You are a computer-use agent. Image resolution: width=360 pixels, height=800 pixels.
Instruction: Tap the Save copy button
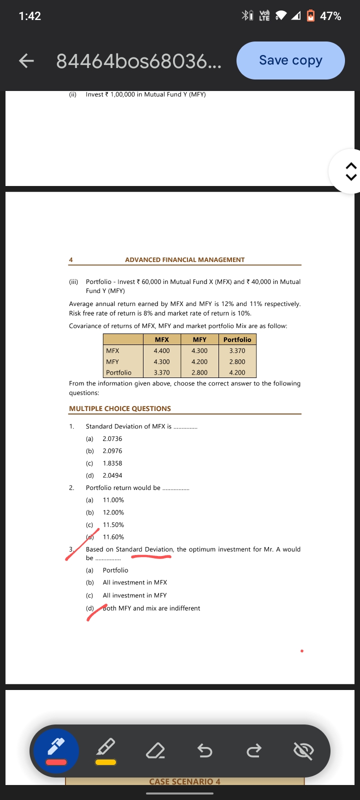[290, 60]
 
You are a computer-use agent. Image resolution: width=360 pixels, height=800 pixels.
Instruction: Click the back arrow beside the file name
[26, 61]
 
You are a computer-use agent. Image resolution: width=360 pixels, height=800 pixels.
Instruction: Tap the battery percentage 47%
[330, 16]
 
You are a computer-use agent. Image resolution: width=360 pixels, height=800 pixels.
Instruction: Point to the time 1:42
[29, 16]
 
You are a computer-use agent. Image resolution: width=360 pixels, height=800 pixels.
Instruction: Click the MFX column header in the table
[161, 339]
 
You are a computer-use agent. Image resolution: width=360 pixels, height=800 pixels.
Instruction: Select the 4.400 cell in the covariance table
[161, 351]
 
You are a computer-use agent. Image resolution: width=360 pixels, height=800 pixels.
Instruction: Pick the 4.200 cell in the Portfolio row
[237, 372]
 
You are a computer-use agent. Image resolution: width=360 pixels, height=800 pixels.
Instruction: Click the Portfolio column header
[237, 339]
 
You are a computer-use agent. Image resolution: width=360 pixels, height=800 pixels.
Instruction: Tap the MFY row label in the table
[112, 361]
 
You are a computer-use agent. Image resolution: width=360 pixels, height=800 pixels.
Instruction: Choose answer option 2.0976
[112, 451]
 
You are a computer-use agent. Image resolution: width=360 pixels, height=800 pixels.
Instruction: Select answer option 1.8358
[112, 463]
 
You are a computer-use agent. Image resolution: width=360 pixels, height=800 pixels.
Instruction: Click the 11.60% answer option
[113, 537]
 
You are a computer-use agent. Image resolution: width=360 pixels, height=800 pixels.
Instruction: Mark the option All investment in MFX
[135, 582]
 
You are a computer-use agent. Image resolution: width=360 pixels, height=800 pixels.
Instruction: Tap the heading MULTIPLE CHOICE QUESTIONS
[120, 408]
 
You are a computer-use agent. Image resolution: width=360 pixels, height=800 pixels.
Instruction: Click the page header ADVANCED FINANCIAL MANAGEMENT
[185, 260]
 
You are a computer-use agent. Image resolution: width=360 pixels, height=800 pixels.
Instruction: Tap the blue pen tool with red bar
[56, 750]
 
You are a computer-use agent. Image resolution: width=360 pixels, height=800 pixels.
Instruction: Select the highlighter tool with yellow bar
[105, 750]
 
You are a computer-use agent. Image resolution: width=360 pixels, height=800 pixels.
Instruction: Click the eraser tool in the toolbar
[155, 750]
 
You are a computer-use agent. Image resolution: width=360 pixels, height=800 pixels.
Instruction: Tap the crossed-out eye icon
[303, 750]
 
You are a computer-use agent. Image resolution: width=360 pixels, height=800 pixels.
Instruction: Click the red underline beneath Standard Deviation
[151, 555]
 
